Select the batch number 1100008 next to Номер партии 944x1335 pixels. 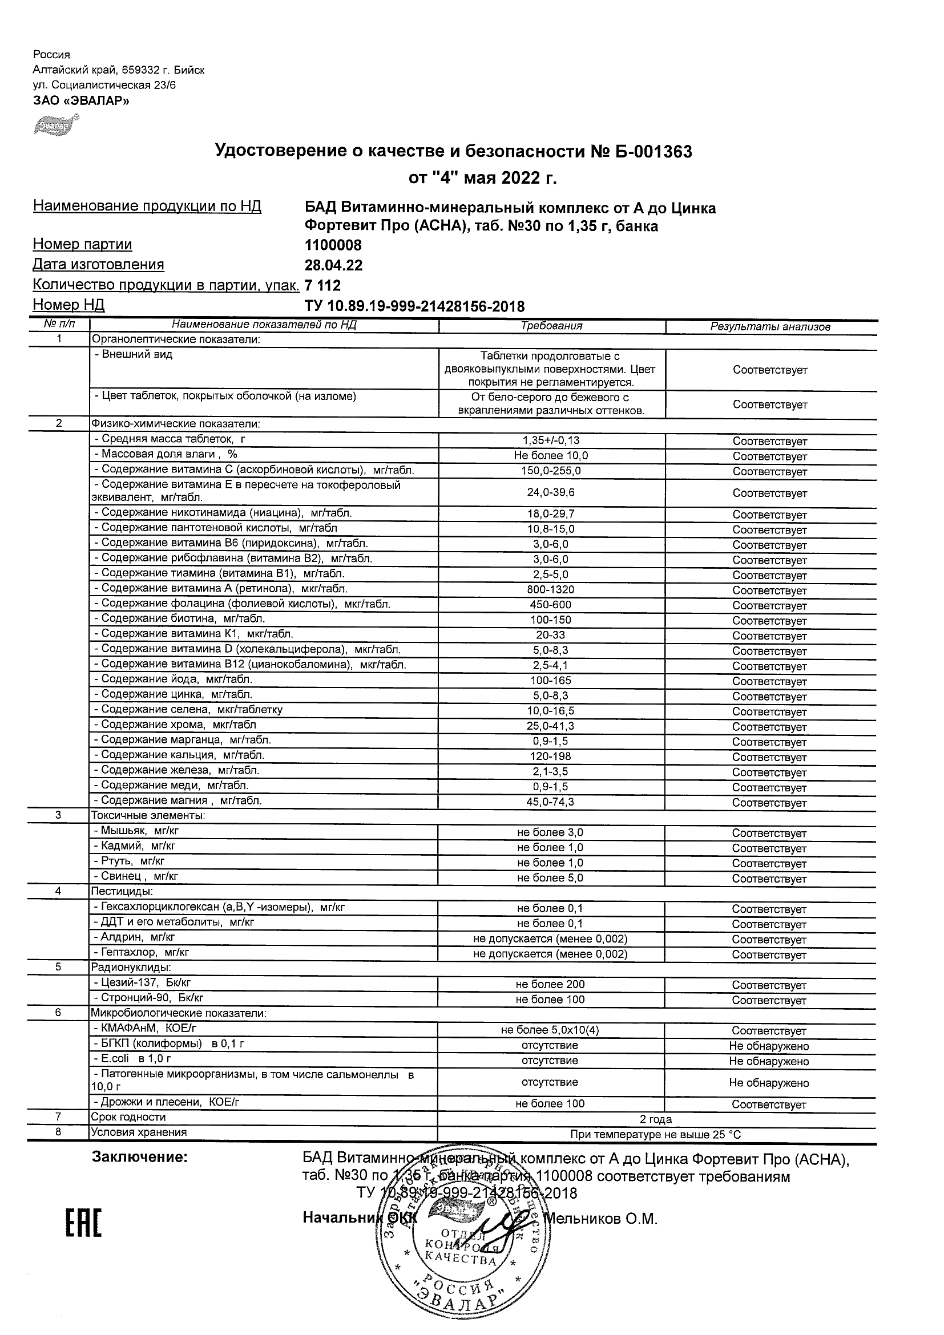[x=333, y=245]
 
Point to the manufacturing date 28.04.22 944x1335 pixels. [x=334, y=266]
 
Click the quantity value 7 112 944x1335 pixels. [x=323, y=285]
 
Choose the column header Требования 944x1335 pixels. [x=551, y=326]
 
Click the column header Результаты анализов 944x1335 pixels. [x=770, y=327]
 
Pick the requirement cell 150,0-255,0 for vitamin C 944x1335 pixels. [x=551, y=471]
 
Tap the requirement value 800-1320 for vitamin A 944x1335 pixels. [x=551, y=589]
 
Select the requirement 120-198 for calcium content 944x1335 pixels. [x=551, y=756]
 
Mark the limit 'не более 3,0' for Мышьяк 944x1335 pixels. [x=550, y=832]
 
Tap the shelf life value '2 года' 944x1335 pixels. [x=656, y=1119]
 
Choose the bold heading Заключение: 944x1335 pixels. [x=140, y=1158]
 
